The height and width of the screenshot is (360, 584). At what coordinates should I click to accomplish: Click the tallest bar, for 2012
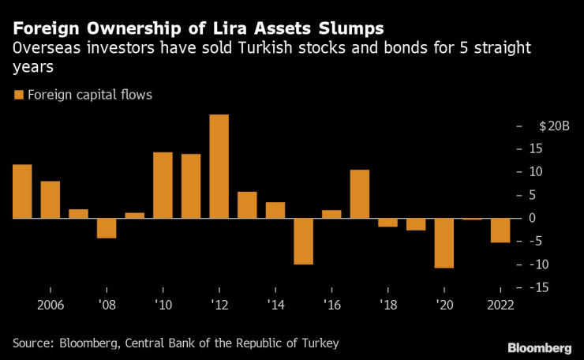tap(219, 166)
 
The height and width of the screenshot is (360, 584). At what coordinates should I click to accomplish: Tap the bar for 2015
tap(303, 241)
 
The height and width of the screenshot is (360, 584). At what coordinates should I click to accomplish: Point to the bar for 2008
tap(107, 227)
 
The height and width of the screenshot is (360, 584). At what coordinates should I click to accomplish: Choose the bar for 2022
tap(500, 230)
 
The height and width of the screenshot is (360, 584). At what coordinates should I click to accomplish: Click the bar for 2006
tap(51, 199)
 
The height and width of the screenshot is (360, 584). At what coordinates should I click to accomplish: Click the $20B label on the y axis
tap(553, 126)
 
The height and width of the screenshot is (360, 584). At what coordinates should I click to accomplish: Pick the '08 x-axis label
tap(107, 305)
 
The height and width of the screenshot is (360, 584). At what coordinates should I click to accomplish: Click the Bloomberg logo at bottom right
tap(540, 347)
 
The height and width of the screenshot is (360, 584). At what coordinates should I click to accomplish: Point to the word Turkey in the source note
tap(320, 343)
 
